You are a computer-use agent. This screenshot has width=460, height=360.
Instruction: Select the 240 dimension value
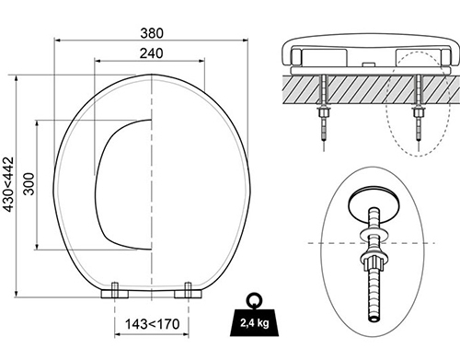click(148, 53)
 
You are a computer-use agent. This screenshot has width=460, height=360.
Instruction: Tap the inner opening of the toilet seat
click(124, 183)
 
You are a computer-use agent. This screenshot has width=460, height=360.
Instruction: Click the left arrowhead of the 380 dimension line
click(57, 41)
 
